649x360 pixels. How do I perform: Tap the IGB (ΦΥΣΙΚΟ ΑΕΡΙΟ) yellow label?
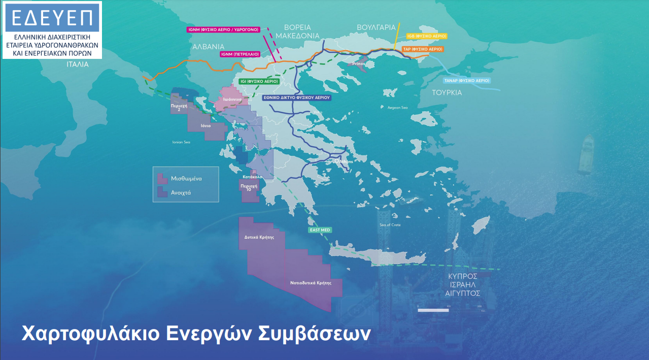pyautogui.click(x=427, y=37)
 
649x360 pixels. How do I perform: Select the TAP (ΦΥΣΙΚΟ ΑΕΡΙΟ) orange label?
pyautogui.click(x=423, y=49)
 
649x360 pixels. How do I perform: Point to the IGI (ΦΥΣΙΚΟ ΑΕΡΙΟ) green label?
pyautogui.click(x=259, y=81)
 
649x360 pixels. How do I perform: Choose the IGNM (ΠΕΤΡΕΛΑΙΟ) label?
pyautogui.click(x=240, y=54)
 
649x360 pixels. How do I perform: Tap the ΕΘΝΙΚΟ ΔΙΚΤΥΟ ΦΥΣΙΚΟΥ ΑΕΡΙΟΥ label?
pyautogui.click(x=297, y=97)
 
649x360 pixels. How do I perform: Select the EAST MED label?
pyautogui.click(x=320, y=230)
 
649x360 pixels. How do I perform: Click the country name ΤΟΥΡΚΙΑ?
pyautogui.click(x=447, y=93)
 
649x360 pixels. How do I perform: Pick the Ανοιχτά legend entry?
pyautogui.click(x=181, y=193)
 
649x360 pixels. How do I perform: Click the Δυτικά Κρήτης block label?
pyautogui.click(x=259, y=237)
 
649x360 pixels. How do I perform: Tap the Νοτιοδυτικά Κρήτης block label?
pyautogui.click(x=311, y=283)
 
